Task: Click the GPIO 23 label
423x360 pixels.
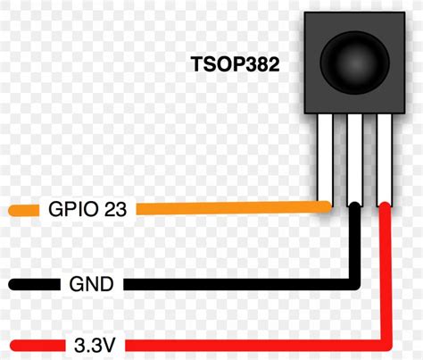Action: coord(87,211)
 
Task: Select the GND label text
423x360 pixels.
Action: coord(91,285)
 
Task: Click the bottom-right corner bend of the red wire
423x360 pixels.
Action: coord(386,343)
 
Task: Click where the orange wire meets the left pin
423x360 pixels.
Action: coord(327,207)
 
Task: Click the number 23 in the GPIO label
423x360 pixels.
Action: coord(115,211)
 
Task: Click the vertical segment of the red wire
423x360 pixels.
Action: coord(386,277)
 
